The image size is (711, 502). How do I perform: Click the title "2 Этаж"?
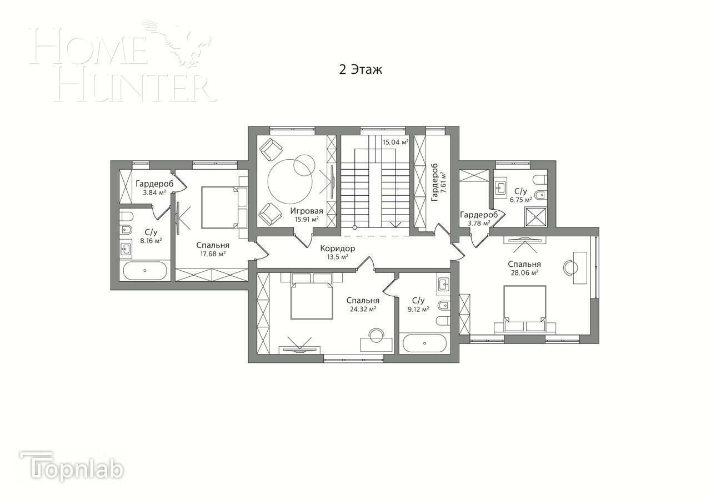tap(360, 70)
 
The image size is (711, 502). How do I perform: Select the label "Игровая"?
tap(306, 211)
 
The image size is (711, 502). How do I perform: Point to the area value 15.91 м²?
tap(307, 219)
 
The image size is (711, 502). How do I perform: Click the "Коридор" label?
tap(337, 249)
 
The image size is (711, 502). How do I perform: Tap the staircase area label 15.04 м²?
tap(395, 142)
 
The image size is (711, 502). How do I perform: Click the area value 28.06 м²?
tap(524, 273)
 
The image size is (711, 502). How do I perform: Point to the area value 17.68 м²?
tap(212, 254)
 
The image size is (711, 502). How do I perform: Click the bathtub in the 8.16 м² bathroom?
tap(144, 271)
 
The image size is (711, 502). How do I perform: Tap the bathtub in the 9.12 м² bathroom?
tap(424, 343)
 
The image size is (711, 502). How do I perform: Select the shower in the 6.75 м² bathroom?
tap(536, 217)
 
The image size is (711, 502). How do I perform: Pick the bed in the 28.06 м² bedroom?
tap(524, 308)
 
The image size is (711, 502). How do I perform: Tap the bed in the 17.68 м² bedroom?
tap(219, 207)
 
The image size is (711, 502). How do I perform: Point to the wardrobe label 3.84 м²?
tap(154, 192)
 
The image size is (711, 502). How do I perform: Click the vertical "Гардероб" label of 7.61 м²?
tap(435, 182)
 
